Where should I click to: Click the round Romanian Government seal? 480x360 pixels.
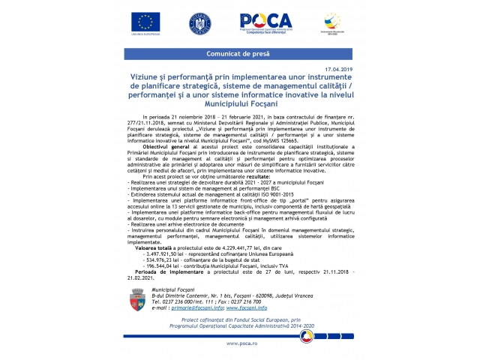pos(200,23)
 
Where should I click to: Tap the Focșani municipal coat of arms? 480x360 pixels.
pos(136,298)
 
